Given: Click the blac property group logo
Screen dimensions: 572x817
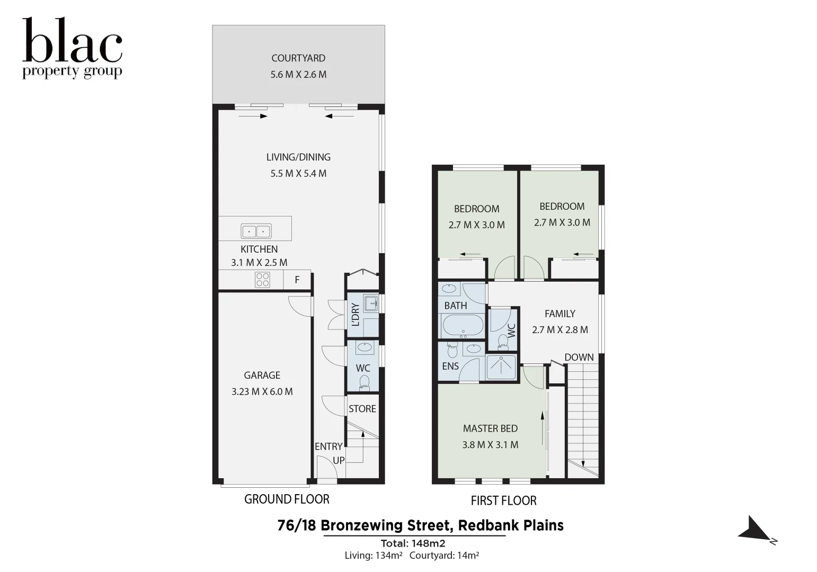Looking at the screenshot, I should pyautogui.click(x=72, y=48).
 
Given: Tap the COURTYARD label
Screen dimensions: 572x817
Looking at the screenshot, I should pyautogui.click(x=298, y=58).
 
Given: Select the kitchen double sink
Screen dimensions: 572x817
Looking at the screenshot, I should pyautogui.click(x=256, y=231).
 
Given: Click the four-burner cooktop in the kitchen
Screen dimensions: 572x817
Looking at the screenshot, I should pyautogui.click(x=262, y=279).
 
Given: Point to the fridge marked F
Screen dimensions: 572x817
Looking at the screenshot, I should pyautogui.click(x=297, y=280).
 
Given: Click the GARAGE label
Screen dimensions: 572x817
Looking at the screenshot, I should pyautogui.click(x=262, y=375).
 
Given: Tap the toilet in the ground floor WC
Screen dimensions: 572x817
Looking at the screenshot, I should pyautogui.click(x=364, y=382).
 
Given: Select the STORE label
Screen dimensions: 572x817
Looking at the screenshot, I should pyautogui.click(x=362, y=409).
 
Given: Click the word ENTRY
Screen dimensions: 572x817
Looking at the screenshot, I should pyautogui.click(x=328, y=446).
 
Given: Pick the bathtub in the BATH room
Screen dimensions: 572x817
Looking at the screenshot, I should pyautogui.click(x=462, y=325).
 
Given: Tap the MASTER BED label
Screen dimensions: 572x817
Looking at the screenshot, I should pyautogui.click(x=490, y=428).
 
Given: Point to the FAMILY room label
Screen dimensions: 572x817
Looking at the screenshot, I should pyautogui.click(x=560, y=314).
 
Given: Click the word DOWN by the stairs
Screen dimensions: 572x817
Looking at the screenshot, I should pyautogui.click(x=579, y=357).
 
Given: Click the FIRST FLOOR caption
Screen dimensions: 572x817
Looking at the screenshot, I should pyautogui.click(x=503, y=501).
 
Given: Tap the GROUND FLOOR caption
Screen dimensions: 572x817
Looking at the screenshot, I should pyautogui.click(x=287, y=499).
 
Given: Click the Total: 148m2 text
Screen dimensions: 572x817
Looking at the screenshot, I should pyautogui.click(x=413, y=543).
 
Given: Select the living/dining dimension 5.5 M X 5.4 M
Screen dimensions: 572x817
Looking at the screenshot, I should pyautogui.click(x=298, y=173).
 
